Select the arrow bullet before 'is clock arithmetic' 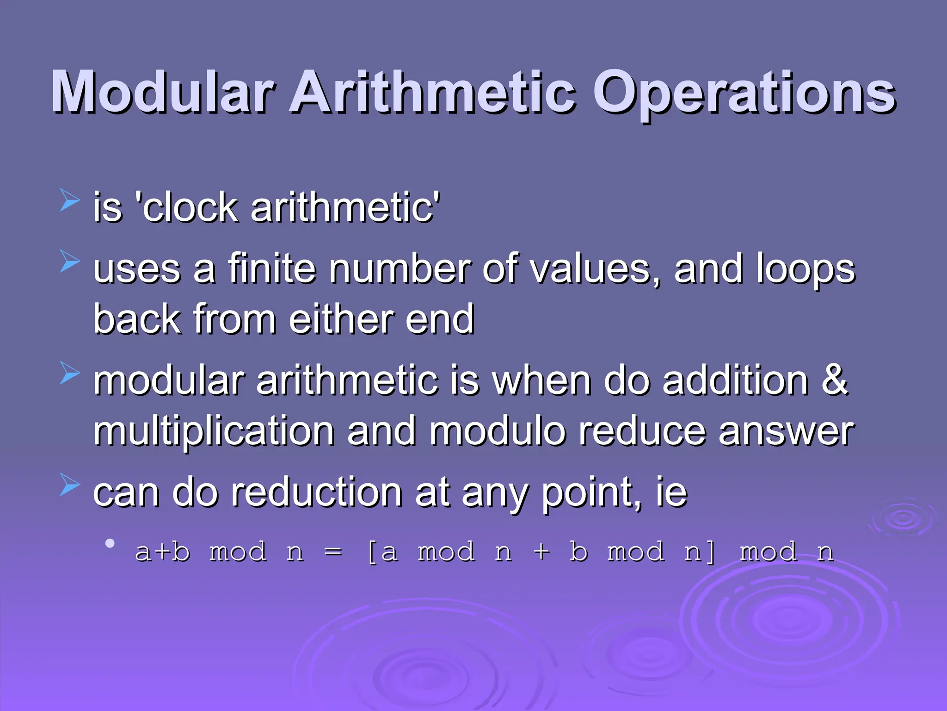click(x=70, y=200)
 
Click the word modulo click(x=498, y=431)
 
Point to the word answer click(x=786, y=431)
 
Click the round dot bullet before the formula click(x=110, y=543)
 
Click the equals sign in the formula click(x=333, y=552)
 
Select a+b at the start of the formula click(x=162, y=551)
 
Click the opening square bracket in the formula click(x=372, y=552)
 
